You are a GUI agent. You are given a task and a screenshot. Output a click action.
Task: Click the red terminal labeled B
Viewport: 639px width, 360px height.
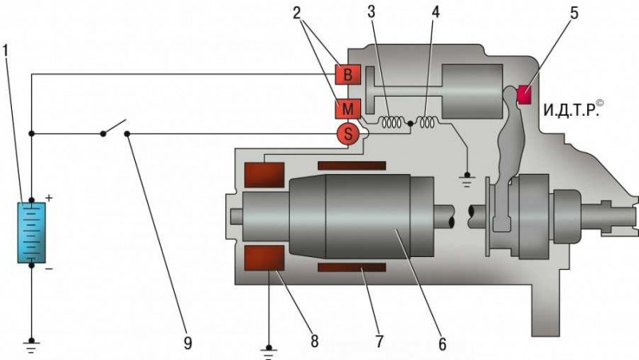tap(347, 74)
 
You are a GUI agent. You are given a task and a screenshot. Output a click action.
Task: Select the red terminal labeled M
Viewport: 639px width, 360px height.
tap(347, 109)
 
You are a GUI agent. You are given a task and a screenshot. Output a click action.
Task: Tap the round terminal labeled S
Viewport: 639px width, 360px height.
tap(347, 133)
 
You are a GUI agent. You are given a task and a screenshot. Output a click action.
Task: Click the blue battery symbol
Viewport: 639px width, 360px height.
tap(31, 232)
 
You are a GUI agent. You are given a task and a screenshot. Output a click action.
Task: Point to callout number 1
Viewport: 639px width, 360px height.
tap(6, 51)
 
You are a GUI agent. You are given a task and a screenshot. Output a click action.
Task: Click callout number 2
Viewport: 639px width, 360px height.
tap(296, 13)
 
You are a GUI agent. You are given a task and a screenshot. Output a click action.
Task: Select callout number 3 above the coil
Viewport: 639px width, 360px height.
tap(371, 12)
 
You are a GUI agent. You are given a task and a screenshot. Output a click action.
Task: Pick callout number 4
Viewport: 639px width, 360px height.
tap(435, 12)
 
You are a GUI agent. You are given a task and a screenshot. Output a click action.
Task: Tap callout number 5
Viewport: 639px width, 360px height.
tap(574, 13)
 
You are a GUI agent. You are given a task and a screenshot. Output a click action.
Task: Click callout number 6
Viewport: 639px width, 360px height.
tap(443, 344)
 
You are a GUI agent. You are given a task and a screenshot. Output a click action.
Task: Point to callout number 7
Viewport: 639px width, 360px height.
tap(379, 342)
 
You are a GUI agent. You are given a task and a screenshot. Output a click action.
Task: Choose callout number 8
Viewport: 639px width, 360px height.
tap(314, 342)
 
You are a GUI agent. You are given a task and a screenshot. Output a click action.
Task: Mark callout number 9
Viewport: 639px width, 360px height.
tap(188, 343)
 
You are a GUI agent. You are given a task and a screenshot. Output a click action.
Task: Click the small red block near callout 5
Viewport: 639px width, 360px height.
tap(524, 94)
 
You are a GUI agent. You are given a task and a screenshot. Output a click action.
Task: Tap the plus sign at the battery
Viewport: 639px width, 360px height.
tap(49, 198)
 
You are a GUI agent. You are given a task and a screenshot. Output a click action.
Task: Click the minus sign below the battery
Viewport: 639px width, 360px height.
tap(49, 269)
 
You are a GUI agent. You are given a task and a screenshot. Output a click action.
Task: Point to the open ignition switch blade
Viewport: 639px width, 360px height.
tap(114, 126)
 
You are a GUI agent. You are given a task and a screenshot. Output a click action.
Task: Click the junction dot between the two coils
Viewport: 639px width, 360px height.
tap(411, 122)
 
